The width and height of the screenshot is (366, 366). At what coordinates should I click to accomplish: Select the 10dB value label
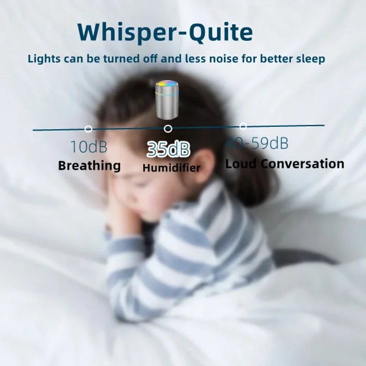pos(89,147)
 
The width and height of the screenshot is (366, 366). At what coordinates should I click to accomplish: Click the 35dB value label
pos(168,149)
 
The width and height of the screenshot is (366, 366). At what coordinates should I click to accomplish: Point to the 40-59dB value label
pos(257,144)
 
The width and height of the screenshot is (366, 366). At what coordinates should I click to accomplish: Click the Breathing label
pos(90,165)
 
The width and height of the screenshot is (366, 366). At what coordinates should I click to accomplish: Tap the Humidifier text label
pos(171,168)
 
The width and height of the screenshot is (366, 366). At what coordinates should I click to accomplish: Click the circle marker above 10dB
pos(89,129)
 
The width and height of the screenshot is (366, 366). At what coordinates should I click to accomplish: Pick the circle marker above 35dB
pos(168,129)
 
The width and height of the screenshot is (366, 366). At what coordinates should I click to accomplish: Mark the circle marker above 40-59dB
pos(243,126)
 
